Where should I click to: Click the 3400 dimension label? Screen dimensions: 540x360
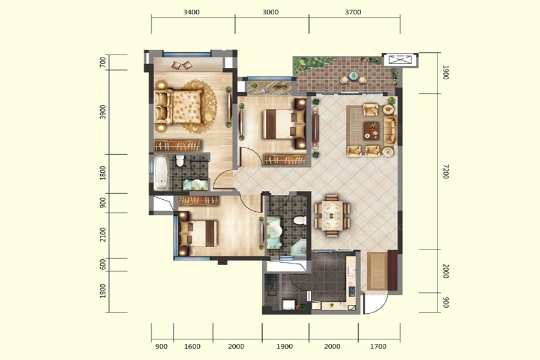tap(191, 13)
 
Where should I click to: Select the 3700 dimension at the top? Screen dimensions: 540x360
tap(353, 13)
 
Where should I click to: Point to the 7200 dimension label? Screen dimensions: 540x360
tap(446, 172)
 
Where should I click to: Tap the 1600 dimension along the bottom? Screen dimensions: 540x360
tap(192, 346)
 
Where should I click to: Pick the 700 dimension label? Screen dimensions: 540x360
tap(102, 62)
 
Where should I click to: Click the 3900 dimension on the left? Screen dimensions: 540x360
tap(102, 112)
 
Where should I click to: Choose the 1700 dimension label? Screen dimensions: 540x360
tap(378, 346)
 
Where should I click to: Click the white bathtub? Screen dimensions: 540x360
tap(161, 173)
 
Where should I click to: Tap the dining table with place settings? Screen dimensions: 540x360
tap(332, 216)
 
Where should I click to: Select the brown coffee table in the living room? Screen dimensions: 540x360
tap(371, 131)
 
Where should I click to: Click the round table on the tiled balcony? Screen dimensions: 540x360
tap(353, 75)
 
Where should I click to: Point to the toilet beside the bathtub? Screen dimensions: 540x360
tap(180, 161)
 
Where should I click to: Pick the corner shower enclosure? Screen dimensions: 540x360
tap(299, 247)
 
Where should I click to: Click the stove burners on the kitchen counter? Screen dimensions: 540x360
tap(352, 292)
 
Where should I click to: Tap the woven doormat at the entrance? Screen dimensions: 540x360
tap(377, 271)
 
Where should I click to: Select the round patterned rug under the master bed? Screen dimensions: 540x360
tap(199, 106)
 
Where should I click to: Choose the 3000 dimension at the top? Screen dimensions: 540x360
tap(271, 13)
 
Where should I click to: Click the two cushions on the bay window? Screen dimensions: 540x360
tap(182, 65)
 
